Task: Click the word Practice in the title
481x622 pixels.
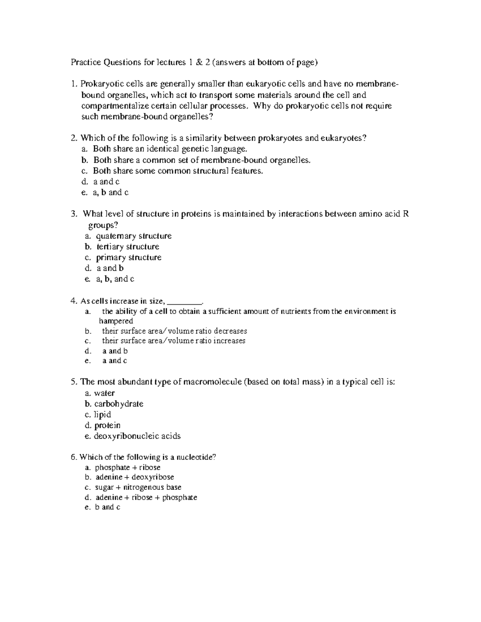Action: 86,62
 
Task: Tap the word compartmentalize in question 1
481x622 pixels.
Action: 115,106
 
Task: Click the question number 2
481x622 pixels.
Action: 73,138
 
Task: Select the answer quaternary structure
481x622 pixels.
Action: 133,236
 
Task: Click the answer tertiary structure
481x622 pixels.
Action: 128,247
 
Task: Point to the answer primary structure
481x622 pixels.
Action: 129,258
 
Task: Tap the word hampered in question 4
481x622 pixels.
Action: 116,321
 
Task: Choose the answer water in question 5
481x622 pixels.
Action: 104,393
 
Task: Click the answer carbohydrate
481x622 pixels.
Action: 119,404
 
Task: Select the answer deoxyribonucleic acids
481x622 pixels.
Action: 137,436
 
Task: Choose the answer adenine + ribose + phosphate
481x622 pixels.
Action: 146,497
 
